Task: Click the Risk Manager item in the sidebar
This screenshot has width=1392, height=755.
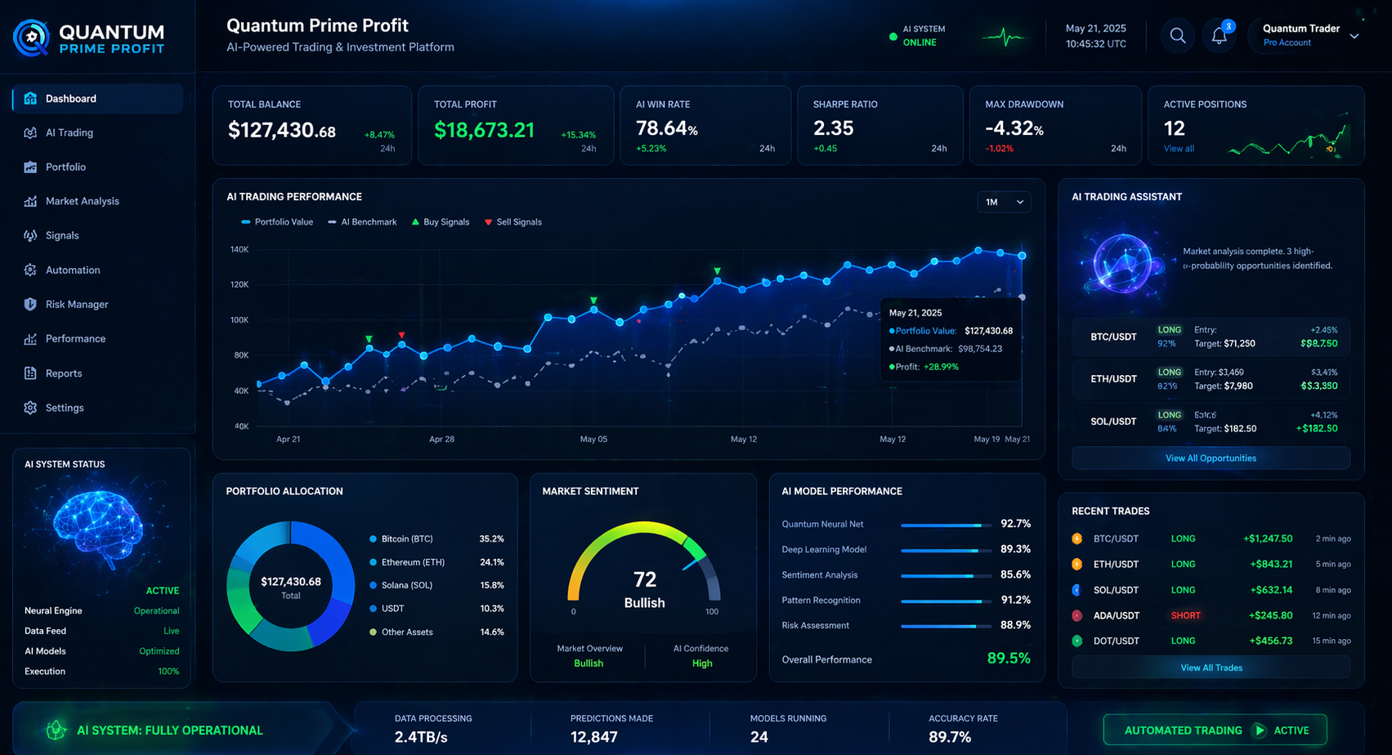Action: click(76, 304)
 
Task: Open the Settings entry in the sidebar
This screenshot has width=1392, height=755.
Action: click(64, 408)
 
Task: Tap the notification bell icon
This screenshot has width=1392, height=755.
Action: click(1219, 36)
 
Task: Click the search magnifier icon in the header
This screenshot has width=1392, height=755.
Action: click(1177, 36)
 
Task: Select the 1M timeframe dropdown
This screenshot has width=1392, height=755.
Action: click(1004, 202)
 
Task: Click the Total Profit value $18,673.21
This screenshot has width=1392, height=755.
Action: click(484, 130)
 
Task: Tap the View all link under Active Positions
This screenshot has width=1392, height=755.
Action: click(1179, 149)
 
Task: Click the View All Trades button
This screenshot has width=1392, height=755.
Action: click(1211, 668)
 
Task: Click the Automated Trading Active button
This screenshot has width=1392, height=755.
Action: click(1215, 730)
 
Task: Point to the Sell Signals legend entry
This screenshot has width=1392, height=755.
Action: click(513, 222)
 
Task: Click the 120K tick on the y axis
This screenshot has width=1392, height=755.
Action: click(239, 284)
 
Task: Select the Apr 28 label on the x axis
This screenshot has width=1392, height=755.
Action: click(441, 439)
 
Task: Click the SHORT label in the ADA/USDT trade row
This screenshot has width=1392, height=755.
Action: click(1185, 615)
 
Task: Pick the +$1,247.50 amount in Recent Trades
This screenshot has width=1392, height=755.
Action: click(1268, 538)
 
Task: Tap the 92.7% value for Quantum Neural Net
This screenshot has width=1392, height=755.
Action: click(1015, 524)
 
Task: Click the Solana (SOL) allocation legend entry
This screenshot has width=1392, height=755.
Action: click(406, 585)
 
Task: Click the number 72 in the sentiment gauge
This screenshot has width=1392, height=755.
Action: click(645, 579)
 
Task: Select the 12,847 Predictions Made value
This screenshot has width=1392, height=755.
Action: click(593, 736)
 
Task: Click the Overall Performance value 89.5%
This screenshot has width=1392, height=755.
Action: click(1009, 659)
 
